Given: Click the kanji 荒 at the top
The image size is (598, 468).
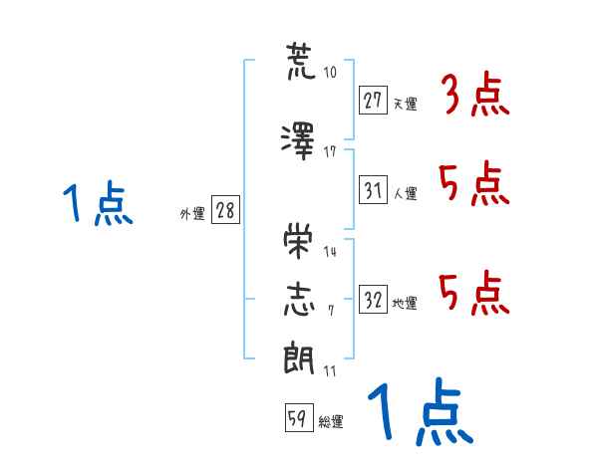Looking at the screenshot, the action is (301, 62).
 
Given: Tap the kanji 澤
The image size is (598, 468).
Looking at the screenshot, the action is (298, 140).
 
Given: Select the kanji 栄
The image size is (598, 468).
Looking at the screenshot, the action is (298, 241).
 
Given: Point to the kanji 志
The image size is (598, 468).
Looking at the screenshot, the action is (299, 300).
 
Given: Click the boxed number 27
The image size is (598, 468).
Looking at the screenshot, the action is (373, 101).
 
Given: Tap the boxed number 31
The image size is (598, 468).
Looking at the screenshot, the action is (373, 189).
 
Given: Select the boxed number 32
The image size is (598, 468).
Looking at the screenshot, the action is (373, 299).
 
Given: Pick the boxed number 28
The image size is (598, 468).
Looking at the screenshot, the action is (225, 210).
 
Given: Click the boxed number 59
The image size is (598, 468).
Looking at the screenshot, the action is (299, 417).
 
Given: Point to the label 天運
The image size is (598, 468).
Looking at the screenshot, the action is (406, 104).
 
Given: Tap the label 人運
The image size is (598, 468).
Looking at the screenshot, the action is (406, 193).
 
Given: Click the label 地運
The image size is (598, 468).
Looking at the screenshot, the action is (405, 303).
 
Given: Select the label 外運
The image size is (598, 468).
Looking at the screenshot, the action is (192, 214).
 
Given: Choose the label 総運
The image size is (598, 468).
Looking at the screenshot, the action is (331, 421).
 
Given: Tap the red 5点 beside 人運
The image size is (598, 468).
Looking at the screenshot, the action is (474, 183).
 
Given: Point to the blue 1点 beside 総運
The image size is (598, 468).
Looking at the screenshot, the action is (421, 411).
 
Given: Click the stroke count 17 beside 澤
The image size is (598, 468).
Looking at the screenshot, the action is (330, 152).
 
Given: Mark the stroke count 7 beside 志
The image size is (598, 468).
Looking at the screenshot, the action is (331, 311).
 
